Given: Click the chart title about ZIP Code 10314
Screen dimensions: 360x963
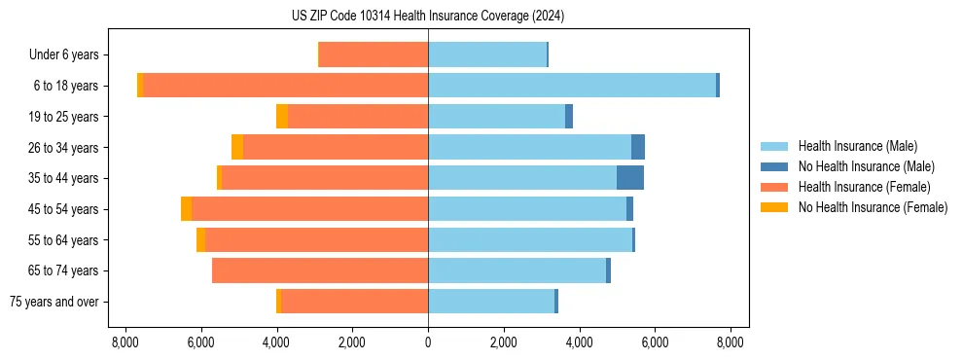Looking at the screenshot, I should pyautogui.click(x=428, y=17).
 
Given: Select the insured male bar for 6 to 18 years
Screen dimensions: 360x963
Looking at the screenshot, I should pyautogui.click(x=572, y=86).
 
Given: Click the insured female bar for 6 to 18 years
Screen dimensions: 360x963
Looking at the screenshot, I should pyautogui.click(x=286, y=86).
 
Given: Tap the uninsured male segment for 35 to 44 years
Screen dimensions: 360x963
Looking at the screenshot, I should pyautogui.click(x=630, y=178).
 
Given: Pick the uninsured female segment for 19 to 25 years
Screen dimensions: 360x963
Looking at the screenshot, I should pyautogui.click(x=282, y=117).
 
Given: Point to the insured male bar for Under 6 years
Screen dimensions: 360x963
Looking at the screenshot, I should pyautogui.click(x=487, y=54).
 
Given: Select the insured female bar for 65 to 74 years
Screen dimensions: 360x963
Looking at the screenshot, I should pyautogui.click(x=320, y=270).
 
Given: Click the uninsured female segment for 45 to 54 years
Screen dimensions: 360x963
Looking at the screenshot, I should pyautogui.click(x=186, y=209).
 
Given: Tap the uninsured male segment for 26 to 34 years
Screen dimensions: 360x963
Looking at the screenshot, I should pyautogui.click(x=638, y=147).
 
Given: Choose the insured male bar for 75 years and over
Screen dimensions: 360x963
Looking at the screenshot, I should pyautogui.click(x=491, y=302).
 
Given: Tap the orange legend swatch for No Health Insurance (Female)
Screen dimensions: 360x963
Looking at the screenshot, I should pyautogui.click(x=775, y=207).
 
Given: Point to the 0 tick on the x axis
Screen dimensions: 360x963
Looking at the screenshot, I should pyautogui.click(x=428, y=342).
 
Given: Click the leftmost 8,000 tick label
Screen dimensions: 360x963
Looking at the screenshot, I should pyautogui.click(x=125, y=342).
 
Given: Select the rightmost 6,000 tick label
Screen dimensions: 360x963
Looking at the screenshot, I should pyautogui.click(x=655, y=342).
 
